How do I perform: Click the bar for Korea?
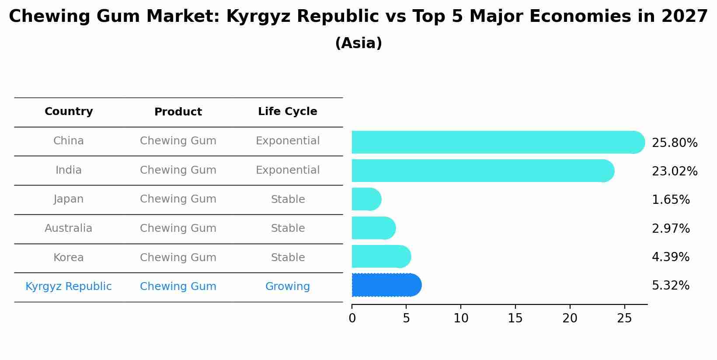tap(381, 256)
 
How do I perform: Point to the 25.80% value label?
tap(674, 143)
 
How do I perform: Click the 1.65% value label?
tap(670, 200)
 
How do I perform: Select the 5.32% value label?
tap(670, 286)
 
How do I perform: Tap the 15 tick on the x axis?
tap(515, 318)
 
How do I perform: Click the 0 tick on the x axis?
tap(352, 318)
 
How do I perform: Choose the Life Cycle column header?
tap(287, 112)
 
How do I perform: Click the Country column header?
tap(69, 112)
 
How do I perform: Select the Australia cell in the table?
tap(69, 228)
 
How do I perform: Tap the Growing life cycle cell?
tap(287, 287)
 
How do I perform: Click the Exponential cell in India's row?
tap(287, 170)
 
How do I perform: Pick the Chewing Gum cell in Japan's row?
tap(178, 199)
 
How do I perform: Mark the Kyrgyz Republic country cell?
tap(69, 287)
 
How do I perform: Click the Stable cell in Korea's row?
tap(287, 258)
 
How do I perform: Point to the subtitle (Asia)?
tap(358, 43)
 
